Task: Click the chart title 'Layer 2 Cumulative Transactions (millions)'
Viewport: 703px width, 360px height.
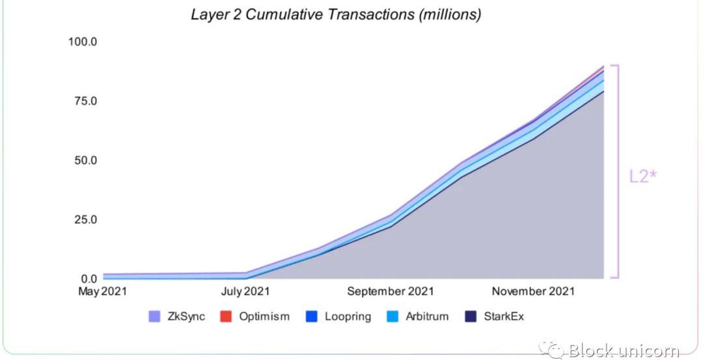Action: click(336, 14)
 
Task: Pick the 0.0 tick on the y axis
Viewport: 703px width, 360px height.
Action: click(87, 279)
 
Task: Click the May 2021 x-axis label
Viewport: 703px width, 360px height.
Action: click(103, 292)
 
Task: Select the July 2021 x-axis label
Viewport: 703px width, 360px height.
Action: click(244, 292)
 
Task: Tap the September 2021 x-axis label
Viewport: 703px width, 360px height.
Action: click(390, 292)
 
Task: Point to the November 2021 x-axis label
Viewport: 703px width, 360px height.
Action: click(533, 292)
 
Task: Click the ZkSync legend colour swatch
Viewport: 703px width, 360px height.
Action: click(154, 317)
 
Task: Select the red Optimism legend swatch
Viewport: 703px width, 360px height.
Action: click(225, 317)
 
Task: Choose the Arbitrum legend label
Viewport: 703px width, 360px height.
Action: click(427, 317)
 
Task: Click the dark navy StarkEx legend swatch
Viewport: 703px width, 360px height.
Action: click(471, 317)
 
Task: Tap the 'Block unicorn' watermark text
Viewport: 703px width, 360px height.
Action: click(624, 351)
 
